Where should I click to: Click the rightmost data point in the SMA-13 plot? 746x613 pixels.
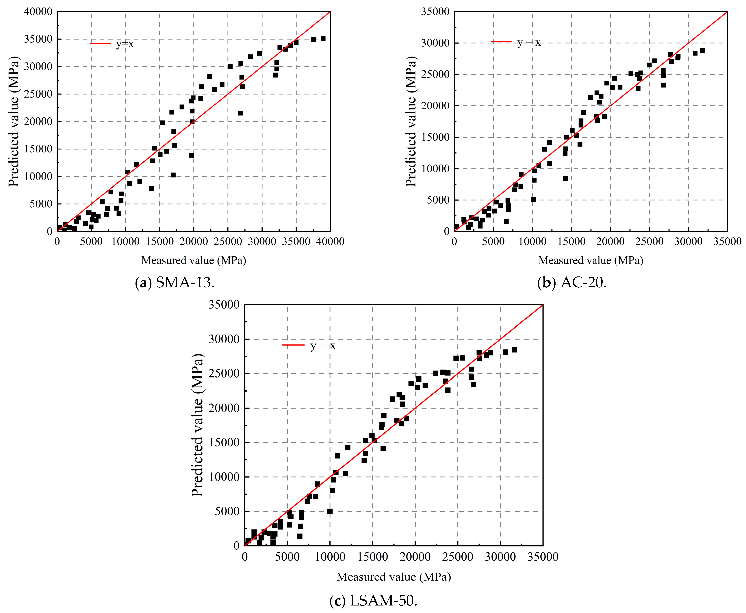click(323, 38)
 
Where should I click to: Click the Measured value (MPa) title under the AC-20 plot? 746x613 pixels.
click(591, 260)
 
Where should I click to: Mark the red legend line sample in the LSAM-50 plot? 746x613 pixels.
click(293, 345)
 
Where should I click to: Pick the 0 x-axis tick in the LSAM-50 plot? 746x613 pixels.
click(245, 557)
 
